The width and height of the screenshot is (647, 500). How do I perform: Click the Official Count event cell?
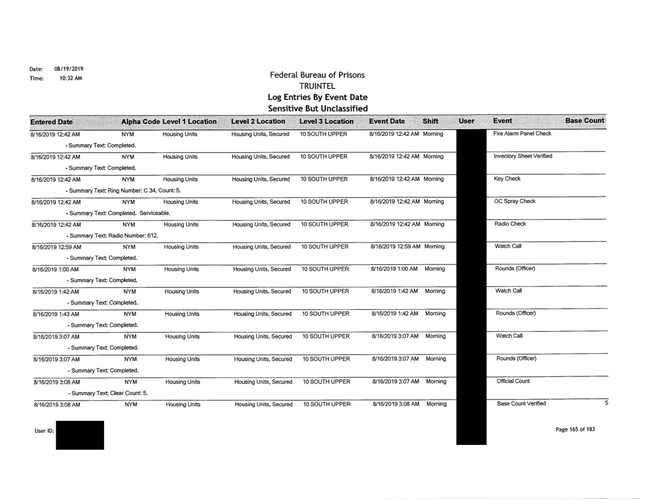point(513,381)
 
